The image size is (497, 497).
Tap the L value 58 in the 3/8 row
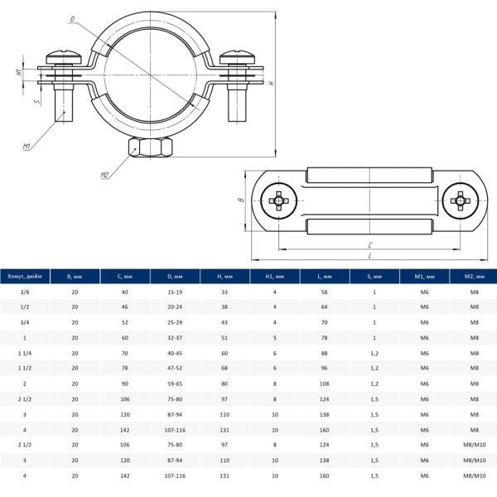tap(324, 292)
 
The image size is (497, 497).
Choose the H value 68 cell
tap(224, 369)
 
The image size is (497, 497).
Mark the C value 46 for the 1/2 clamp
tap(125, 307)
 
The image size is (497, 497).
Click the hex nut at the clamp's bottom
tap(151, 148)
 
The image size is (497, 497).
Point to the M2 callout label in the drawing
tap(104, 175)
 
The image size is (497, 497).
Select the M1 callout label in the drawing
tap(27, 147)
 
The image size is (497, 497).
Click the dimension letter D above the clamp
tap(73, 19)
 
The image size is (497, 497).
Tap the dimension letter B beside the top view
tap(239, 200)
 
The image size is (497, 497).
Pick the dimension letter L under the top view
tap(369, 255)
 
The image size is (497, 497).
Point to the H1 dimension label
tap(18, 73)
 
